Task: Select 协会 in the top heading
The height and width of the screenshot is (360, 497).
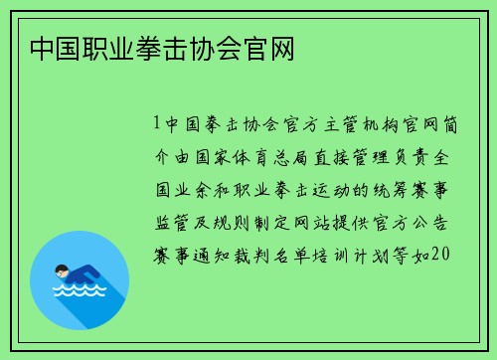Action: (x=229, y=47)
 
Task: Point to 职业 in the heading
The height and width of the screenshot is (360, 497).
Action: (x=97, y=47)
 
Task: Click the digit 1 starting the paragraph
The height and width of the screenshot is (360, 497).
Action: (x=157, y=124)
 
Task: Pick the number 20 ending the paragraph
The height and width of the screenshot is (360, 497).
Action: (x=443, y=255)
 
